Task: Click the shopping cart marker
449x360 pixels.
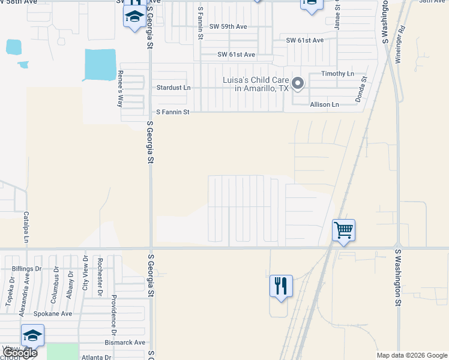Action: coord(343,230)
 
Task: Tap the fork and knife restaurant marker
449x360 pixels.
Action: coord(281,286)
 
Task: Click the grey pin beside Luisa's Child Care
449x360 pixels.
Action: coord(298,83)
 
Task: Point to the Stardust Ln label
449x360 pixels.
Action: coord(173,88)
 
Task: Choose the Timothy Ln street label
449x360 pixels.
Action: coord(338,73)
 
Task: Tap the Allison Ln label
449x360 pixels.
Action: coord(324,104)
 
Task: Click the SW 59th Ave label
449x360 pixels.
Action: coord(228,26)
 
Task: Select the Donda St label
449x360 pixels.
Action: coord(361,89)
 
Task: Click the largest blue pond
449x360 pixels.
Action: coord(100,65)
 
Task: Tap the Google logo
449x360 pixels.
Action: coord(20,353)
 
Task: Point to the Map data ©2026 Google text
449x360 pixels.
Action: coord(411,355)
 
